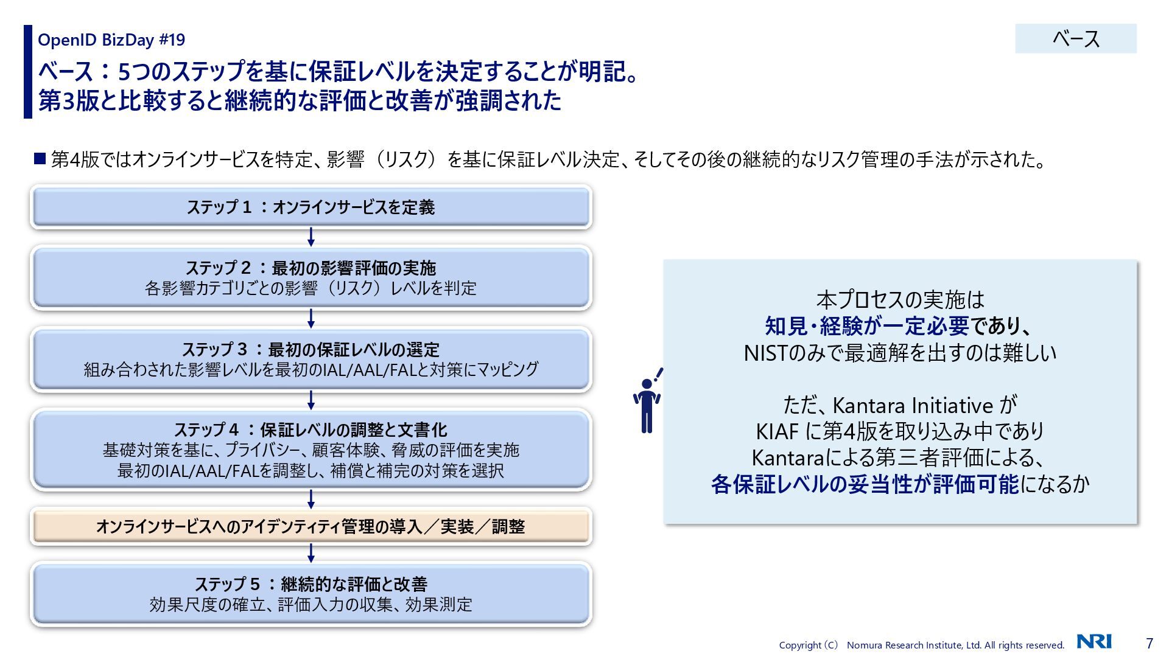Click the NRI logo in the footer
pyautogui.click(x=1094, y=641)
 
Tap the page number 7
pyautogui.click(x=1150, y=643)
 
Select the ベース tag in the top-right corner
pyautogui.click(x=1075, y=39)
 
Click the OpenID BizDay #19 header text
pyautogui.click(x=111, y=40)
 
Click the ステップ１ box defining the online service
pyautogui.click(x=311, y=207)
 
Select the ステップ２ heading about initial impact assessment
pyautogui.click(x=311, y=268)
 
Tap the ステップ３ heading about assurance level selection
pyautogui.click(x=311, y=350)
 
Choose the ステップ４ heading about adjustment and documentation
pyautogui.click(x=311, y=430)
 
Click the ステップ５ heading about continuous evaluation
pyautogui.click(x=311, y=584)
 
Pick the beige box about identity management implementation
pyautogui.click(x=311, y=526)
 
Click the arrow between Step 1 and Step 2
pyautogui.click(x=311, y=237)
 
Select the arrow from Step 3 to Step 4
pyautogui.click(x=311, y=400)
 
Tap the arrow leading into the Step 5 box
pyautogui.click(x=311, y=553)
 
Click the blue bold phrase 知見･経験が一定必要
pyautogui.click(x=866, y=327)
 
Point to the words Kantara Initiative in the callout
pyautogui.click(x=913, y=405)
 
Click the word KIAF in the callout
pyautogui.click(x=777, y=432)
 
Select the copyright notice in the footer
pyautogui.click(x=921, y=645)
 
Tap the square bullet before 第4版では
pyautogui.click(x=40, y=159)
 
